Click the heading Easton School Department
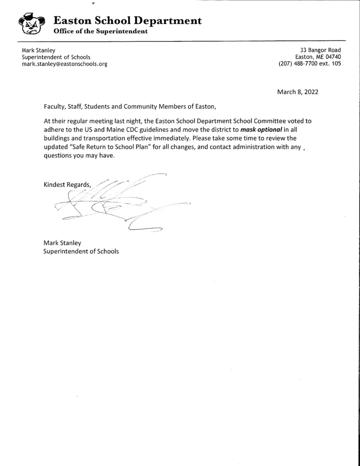coord(127,20)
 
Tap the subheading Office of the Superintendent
coord(101,31)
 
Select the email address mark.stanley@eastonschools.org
coord(65,64)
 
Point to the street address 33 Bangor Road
coord(320,50)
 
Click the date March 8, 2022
coord(298,92)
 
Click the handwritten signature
coord(118,203)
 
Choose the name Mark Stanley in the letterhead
coord(39,50)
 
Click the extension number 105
coord(336,64)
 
